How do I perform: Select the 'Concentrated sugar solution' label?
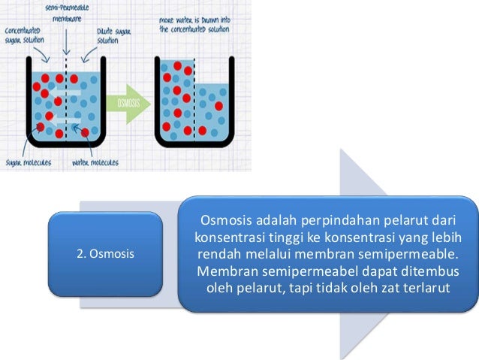pos(24,35)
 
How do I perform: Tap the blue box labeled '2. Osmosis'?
pos(106,253)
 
